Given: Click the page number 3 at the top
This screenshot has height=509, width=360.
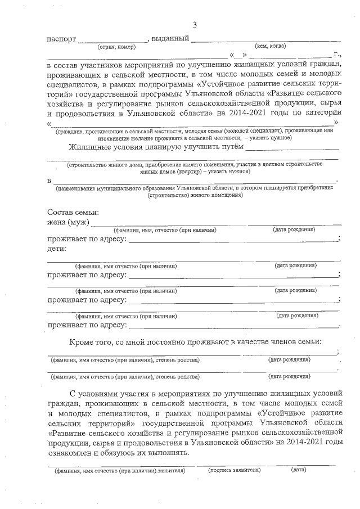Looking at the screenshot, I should tap(195, 25).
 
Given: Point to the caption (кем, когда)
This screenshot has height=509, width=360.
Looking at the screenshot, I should tap(271, 46).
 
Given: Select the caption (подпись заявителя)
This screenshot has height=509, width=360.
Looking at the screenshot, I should tap(235, 470).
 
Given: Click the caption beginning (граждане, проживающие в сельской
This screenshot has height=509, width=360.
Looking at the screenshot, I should tap(194, 130).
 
